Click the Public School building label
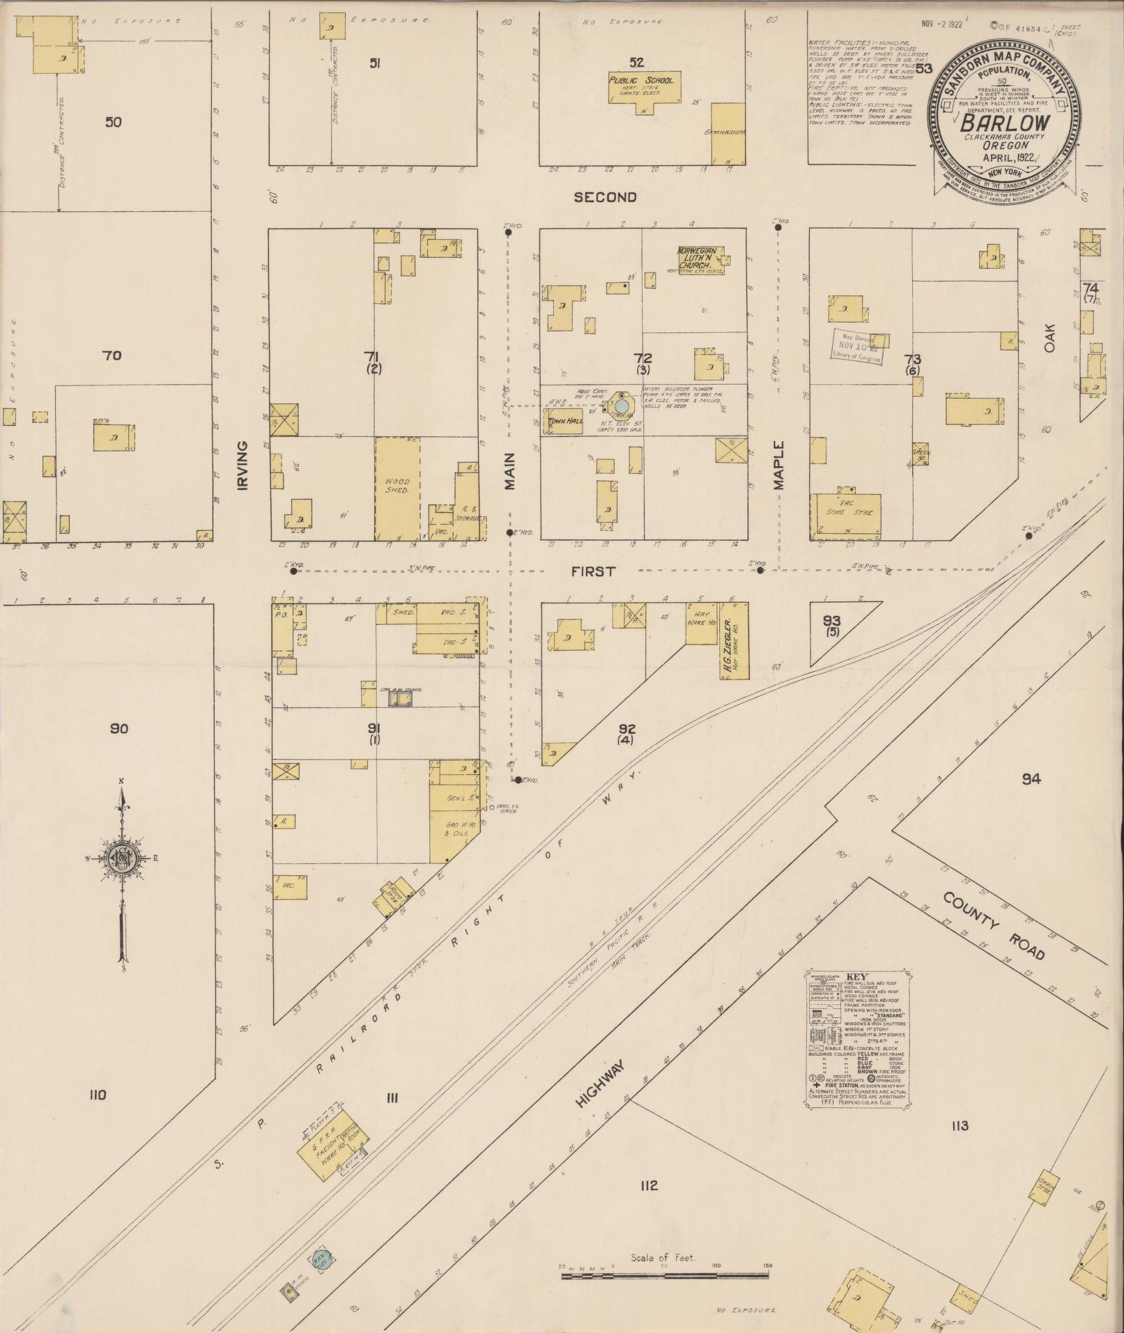tap(642, 80)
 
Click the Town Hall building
tap(564, 421)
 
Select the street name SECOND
tap(605, 197)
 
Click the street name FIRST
tap(593, 571)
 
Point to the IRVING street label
tap(242, 464)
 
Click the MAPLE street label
tap(779, 465)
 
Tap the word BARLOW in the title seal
tap(1005, 122)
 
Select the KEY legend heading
tap(856, 977)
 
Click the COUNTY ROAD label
tap(994, 925)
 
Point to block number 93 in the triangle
tap(831, 620)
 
